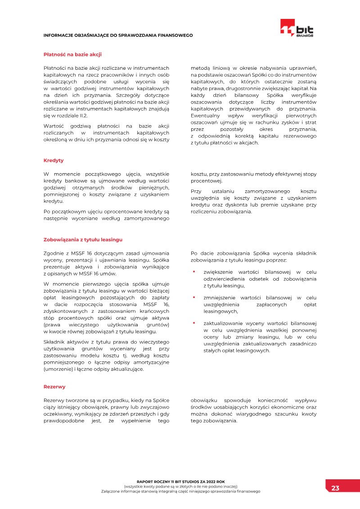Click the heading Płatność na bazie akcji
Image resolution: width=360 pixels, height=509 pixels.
click(72, 54)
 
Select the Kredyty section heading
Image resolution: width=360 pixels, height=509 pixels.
click(54, 160)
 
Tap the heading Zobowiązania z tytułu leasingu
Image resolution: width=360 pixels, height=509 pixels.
click(83, 239)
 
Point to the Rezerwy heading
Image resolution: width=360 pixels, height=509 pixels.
click(54, 387)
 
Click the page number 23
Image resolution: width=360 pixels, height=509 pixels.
click(336, 488)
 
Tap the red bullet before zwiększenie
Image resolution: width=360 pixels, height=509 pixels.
click(194, 272)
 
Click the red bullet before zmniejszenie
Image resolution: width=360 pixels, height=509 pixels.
click(194, 297)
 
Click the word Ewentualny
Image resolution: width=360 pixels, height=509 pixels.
click(206, 116)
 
